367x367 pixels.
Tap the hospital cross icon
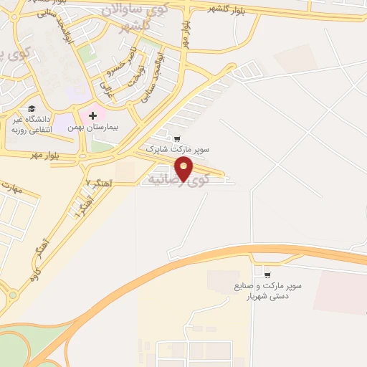pos(92,115)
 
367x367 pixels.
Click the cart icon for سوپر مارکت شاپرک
pos(177,138)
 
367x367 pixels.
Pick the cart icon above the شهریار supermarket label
pos(267,274)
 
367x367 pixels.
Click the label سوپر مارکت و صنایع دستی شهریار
pos(267,290)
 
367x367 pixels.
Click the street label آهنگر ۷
pos(98,182)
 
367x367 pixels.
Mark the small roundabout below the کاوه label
pos(12,295)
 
